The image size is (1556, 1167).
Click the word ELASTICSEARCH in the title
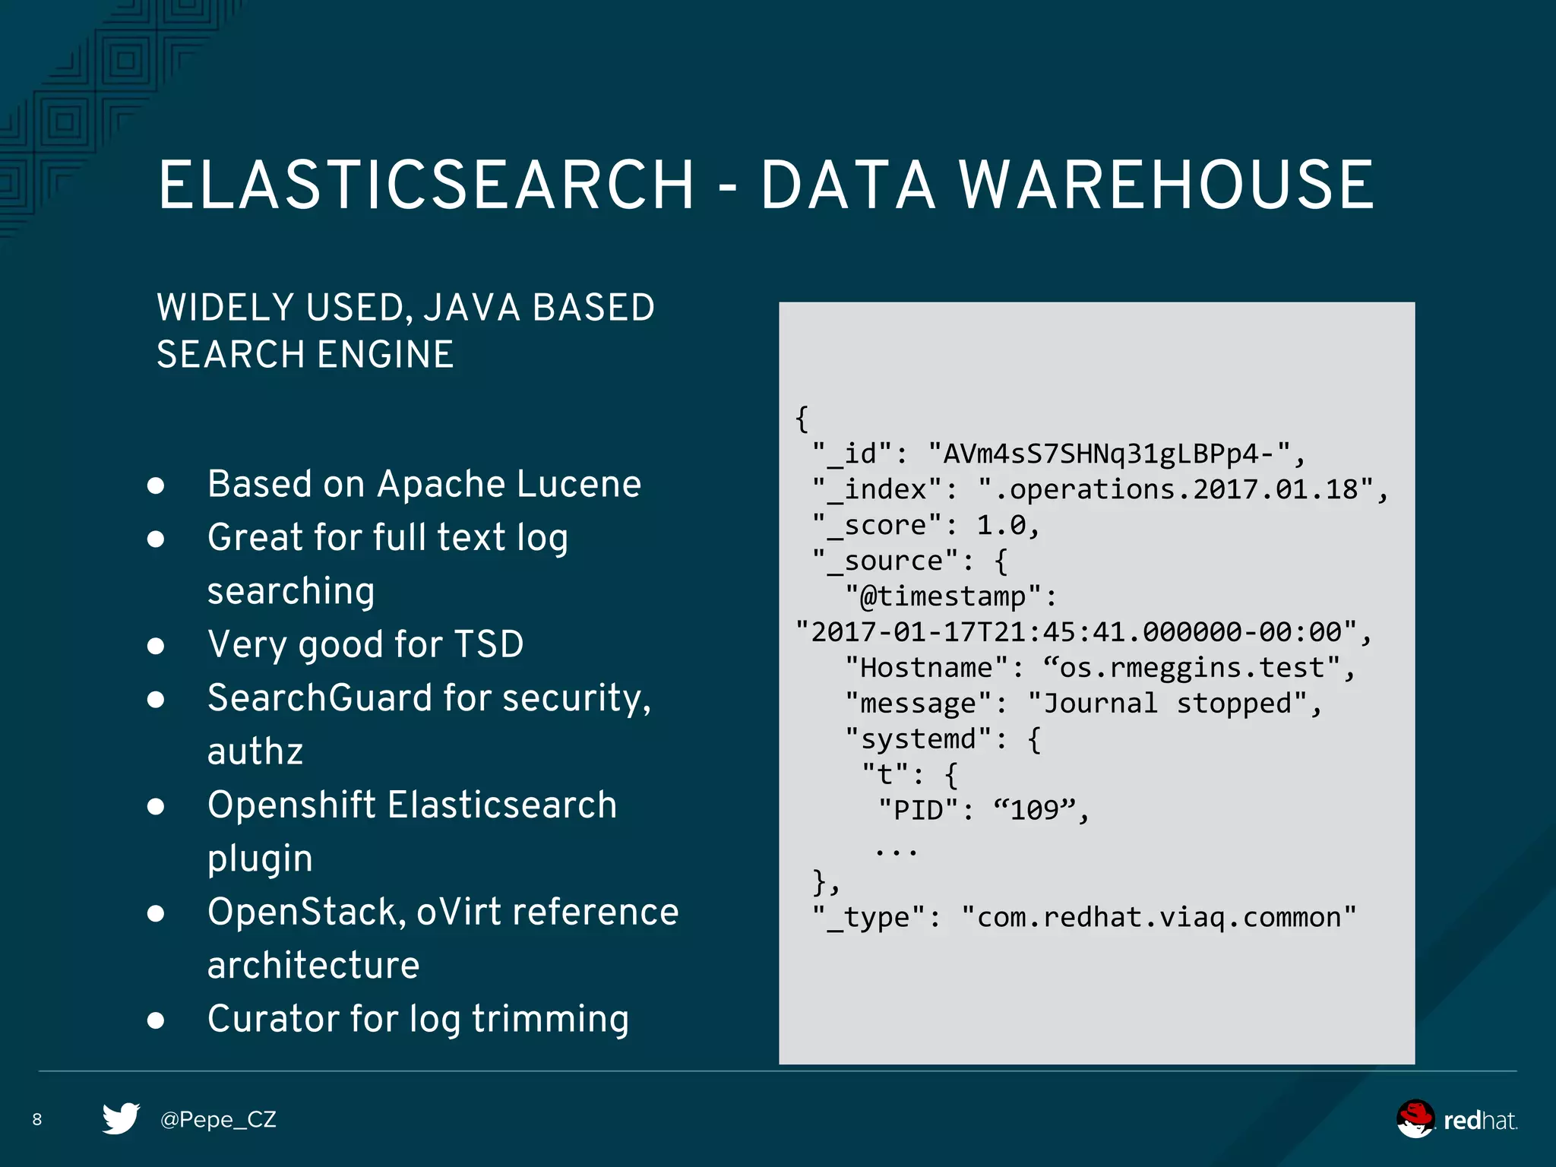point(425,185)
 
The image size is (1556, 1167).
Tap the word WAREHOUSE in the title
point(1166,185)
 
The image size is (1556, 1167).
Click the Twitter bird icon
point(121,1118)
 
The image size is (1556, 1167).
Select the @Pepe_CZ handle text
point(218,1119)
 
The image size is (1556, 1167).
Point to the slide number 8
point(37,1119)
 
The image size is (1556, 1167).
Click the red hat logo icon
point(1415,1119)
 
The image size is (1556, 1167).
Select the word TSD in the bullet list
point(489,644)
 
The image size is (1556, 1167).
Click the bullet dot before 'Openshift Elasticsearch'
point(156,806)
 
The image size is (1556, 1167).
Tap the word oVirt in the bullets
point(458,912)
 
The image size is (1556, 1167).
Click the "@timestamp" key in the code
point(942,596)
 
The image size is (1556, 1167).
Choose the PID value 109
point(1034,810)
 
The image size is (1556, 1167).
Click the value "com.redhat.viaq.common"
point(1159,917)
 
